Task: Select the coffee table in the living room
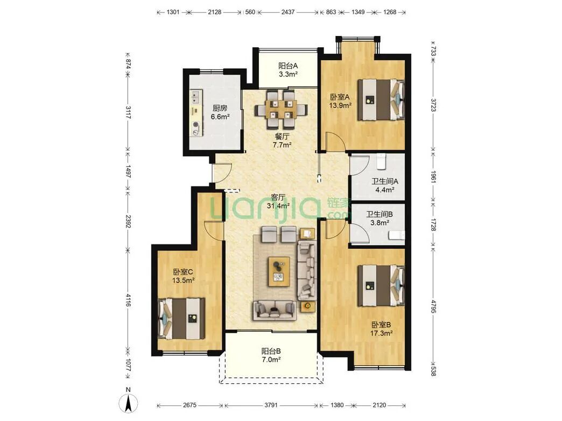pos(279,271)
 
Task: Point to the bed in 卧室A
pos(381,100)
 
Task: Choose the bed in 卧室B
pos(381,285)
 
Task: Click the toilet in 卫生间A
pos(381,162)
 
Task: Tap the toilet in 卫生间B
pos(397,235)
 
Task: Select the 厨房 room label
pos(220,108)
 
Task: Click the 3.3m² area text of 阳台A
pos(289,75)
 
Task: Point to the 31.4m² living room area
pos(278,206)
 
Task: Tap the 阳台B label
pos(271,350)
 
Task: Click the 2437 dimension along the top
pos(288,12)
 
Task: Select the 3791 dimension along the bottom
pos(271,405)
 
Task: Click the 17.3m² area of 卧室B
pos(381,333)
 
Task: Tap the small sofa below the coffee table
pos(275,310)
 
